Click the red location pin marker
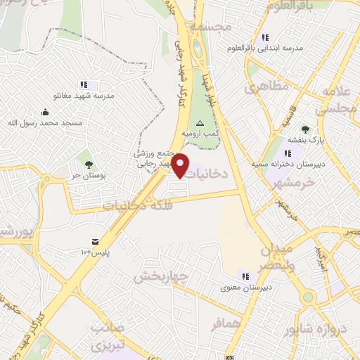181,165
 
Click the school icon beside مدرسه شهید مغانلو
84,85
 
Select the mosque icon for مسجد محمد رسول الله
45,112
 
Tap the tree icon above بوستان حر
89,164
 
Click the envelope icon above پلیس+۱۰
96,241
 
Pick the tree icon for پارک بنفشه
304,129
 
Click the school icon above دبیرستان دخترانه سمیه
288,153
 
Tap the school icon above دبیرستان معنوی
245,276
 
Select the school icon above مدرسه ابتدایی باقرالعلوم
264,37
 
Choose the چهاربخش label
161,276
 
